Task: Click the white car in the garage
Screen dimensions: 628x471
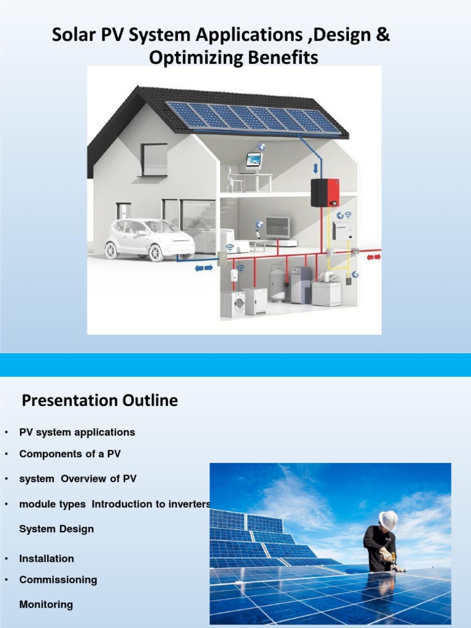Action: [149, 237]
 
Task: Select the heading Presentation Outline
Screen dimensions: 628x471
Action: [100, 401]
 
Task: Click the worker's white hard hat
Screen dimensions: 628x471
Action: [388, 519]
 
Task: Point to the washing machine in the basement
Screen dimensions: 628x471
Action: [234, 304]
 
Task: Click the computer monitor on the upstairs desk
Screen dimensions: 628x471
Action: [253, 160]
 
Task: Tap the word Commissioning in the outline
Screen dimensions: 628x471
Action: [58, 580]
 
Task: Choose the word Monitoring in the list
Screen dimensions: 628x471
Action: [46, 605]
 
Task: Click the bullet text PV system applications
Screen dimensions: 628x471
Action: [77, 432]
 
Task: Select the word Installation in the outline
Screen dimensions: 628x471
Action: [47, 559]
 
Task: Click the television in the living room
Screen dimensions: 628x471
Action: [277, 228]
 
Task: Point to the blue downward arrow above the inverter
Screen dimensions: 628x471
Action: [316, 168]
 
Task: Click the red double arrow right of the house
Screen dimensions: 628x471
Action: [373, 256]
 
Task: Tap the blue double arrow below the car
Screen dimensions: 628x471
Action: [204, 267]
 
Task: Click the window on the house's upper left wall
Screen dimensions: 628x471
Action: [154, 159]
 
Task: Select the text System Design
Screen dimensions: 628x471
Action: [56, 529]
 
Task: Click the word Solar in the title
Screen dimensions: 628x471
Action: [70, 36]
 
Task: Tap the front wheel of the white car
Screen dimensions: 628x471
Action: [156, 253]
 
